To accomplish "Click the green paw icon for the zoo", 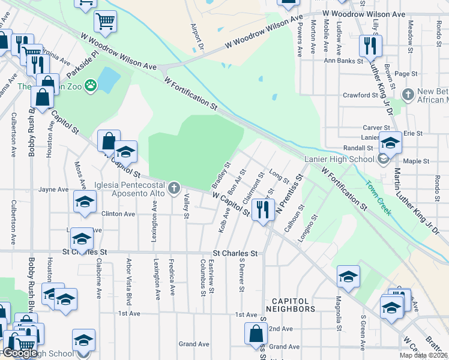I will pos(91,86).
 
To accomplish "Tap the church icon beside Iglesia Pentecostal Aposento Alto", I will pos(174,188).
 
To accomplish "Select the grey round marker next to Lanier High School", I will pos(383,159).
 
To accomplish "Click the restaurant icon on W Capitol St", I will pos(262,209).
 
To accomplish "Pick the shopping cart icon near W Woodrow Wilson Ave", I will pos(105,22).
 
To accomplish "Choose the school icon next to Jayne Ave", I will pos(85,202).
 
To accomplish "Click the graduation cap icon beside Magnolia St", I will pos(348,277).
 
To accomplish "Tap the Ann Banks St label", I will pos(343,61).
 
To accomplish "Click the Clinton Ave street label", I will pos(118,214).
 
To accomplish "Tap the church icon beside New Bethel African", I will pos(408,94).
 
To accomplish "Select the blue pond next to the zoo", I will pos(107,79).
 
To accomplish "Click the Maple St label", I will pos(413,161).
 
